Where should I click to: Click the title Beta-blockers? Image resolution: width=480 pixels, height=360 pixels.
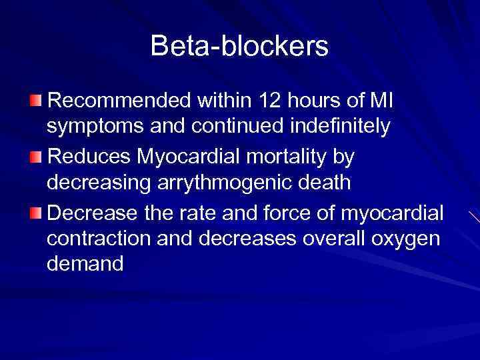click(239, 46)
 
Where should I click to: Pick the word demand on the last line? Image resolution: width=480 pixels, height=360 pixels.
click(85, 264)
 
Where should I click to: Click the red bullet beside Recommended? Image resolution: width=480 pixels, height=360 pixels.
click(35, 100)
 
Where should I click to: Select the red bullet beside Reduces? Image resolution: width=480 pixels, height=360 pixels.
click(35, 156)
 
